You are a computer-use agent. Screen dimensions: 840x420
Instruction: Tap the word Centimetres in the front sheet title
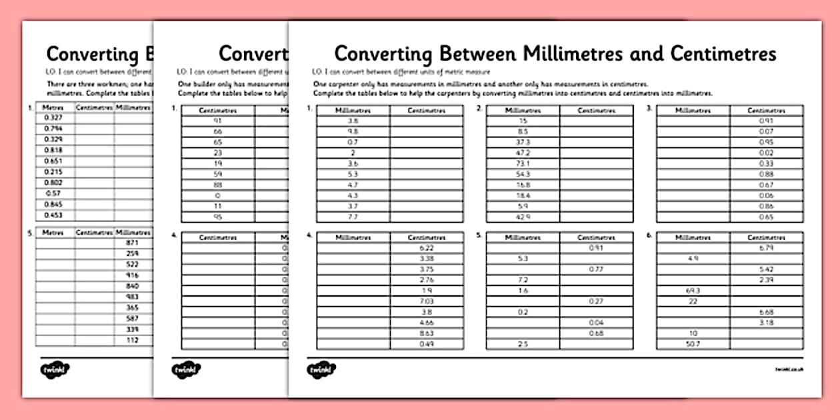coord(723,53)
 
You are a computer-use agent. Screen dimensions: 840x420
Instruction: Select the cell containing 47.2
coord(523,153)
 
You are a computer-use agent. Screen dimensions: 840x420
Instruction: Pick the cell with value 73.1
coord(523,163)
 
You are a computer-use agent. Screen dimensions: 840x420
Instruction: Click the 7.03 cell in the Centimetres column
coord(427,301)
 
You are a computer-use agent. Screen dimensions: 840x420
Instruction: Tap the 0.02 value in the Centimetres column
coord(766,153)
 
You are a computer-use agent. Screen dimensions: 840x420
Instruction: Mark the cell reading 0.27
coord(596,301)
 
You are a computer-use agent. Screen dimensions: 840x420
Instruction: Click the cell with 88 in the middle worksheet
coord(217,185)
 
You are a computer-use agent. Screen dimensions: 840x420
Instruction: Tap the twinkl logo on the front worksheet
coord(321,369)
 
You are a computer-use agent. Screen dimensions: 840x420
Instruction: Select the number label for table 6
coord(649,235)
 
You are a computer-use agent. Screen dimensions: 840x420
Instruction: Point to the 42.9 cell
coord(523,217)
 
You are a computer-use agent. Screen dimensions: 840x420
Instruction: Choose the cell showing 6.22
coord(427,248)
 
